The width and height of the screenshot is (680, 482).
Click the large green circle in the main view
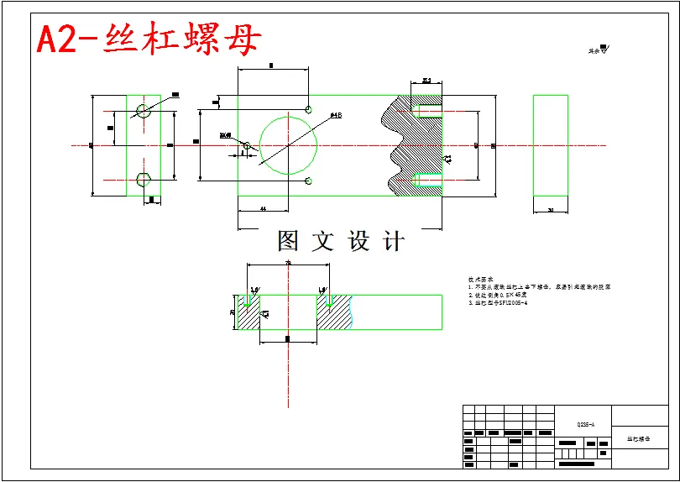pyautogui.click(x=289, y=145)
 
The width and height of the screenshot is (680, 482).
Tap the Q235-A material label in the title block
pyautogui.click(x=585, y=425)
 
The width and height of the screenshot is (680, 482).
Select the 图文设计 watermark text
pyautogui.click(x=341, y=242)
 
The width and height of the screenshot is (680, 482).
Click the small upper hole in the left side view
pyautogui.click(x=143, y=109)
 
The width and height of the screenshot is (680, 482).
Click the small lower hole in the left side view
pyautogui.click(x=143, y=179)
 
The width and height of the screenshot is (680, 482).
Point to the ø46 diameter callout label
pyautogui.click(x=335, y=115)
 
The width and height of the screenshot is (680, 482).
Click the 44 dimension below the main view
pyautogui.click(x=263, y=207)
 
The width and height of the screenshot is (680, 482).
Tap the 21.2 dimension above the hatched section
pyautogui.click(x=426, y=81)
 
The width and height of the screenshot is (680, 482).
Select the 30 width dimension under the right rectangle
pyautogui.click(x=551, y=210)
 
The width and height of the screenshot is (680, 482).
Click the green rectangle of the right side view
pyautogui.click(x=550, y=145)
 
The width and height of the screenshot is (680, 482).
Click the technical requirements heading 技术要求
pyautogui.click(x=480, y=279)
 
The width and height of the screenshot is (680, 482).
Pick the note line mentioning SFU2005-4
pyautogui.click(x=498, y=303)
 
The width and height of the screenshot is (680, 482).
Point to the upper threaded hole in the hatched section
pyautogui.click(x=427, y=111)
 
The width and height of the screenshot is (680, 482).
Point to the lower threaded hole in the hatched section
pyautogui.click(x=427, y=180)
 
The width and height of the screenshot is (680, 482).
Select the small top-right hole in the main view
pyautogui.click(x=309, y=109)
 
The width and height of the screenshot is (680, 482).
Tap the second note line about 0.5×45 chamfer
pyautogui.click(x=498, y=295)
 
